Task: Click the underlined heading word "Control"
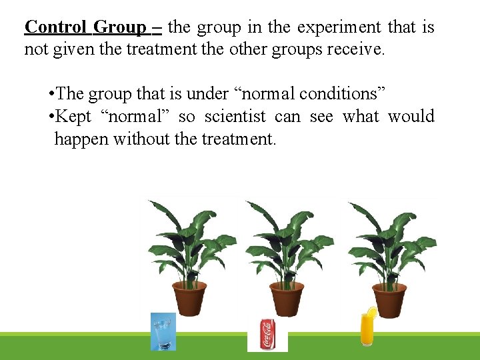pos(55,27)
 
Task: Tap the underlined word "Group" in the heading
pos(120,27)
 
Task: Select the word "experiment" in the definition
pos(339,27)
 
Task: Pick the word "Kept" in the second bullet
pos(73,117)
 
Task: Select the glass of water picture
pos(163,332)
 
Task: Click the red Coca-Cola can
pos(267,333)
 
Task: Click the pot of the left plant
pos(189,298)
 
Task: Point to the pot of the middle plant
pos(287,298)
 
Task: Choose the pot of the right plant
pos(389,298)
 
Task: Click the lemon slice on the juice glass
pos(371,312)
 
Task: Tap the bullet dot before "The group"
pos(51,95)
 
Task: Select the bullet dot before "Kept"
pos(51,117)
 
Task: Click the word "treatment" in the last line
pos(238,139)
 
